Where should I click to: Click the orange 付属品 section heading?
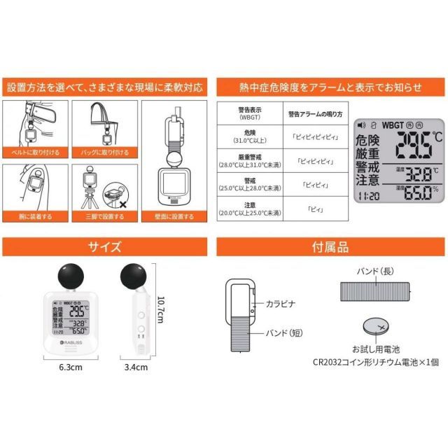(x=329, y=247)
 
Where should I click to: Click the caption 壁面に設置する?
(x=176, y=217)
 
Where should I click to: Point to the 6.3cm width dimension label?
(x=70, y=365)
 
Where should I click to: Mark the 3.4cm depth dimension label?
(x=136, y=365)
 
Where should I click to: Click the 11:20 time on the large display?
(x=368, y=197)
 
